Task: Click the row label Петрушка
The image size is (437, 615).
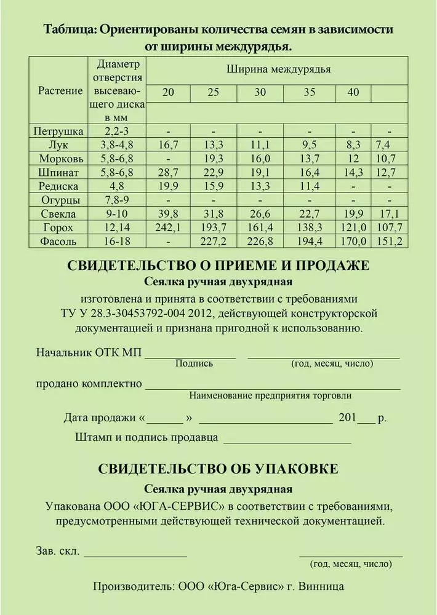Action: pyautogui.click(x=59, y=131)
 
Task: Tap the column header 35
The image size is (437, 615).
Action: pyautogui.click(x=309, y=93)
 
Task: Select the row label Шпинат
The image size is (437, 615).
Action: pyautogui.click(x=59, y=172)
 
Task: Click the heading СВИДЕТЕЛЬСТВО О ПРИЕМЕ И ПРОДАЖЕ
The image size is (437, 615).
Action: pyautogui.click(x=218, y=266)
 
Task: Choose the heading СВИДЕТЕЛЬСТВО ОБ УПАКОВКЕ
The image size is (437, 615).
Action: pyautogui.click(x=218, y=469)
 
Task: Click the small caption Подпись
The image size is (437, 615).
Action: pyautogui.click(x=194, y=363)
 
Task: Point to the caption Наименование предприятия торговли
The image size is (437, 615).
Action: pyautogui.click(x=271, y=395)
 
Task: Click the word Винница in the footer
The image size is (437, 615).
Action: pyautogui.click(x=324, y=586)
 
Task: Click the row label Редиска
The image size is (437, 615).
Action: pyautogui.click(x=59, y=186)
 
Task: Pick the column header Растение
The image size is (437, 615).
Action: pyautogui.click(x=60, y=91)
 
